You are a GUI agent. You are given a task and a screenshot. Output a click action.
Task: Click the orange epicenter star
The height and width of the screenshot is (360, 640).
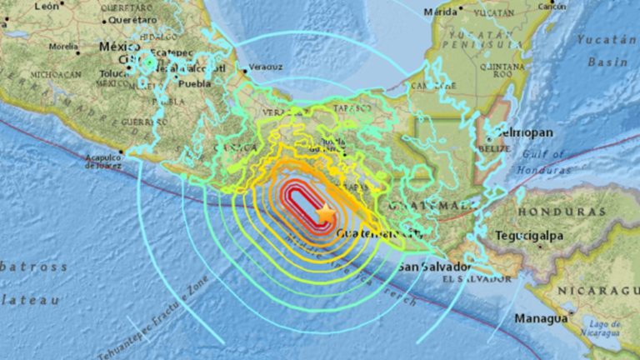pyautogui.click(x=326, y=215)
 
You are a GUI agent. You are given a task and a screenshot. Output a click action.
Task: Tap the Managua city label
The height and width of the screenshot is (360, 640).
pyautogui.click(x=542, y=317)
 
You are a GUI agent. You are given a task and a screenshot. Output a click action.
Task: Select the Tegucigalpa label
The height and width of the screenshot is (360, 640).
pyautogui.click(x=529, y=237)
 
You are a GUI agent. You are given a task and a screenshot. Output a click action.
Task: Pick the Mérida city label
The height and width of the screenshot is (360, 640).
pyautogui.click(x=441, y=12)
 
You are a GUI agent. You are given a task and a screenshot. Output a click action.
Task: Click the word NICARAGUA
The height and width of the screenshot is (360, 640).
pyautogui.click(x=599, y=290)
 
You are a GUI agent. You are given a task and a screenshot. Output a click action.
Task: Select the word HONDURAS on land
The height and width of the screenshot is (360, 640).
pyautogui.click(x=557, y=211)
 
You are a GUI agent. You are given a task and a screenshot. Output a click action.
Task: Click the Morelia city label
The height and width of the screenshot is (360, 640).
pyautogui.click(x=62, y=47)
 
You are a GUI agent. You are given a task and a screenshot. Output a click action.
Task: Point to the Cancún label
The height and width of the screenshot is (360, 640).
pyautogui.click(x=552, y=7)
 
